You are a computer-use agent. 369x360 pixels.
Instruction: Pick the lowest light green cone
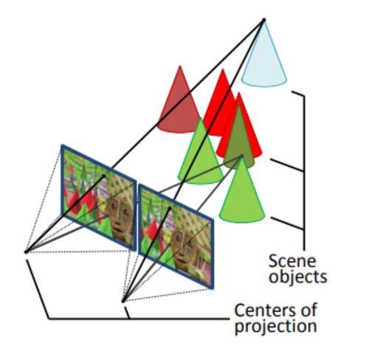click(x=242, y=194)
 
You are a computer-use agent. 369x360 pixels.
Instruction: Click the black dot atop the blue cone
click(x=264, y=19)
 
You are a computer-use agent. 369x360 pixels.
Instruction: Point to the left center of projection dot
click(x=26, y=252)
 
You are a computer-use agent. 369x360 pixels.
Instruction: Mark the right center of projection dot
click(x=123, y=301)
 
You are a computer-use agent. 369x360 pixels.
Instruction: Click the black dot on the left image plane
click(x=104, y=176)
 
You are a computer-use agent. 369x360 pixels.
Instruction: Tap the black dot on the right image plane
click(x=170, y=208)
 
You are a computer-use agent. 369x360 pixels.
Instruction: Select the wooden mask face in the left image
click(x=120, y=216)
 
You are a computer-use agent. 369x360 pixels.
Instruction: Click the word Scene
click(x=292, y=261)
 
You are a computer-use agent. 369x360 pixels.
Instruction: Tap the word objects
click(x=297, y=277)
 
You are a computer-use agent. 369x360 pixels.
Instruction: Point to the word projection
click(x=276, y=327)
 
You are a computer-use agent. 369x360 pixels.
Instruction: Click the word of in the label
click(x=308, y=310)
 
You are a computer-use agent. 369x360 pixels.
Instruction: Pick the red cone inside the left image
click(x=74, y=201)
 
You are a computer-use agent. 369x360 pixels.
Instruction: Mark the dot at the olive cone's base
click(x=242, y=156)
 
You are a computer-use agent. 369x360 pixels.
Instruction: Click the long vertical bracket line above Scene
click(x=305, y=173)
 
